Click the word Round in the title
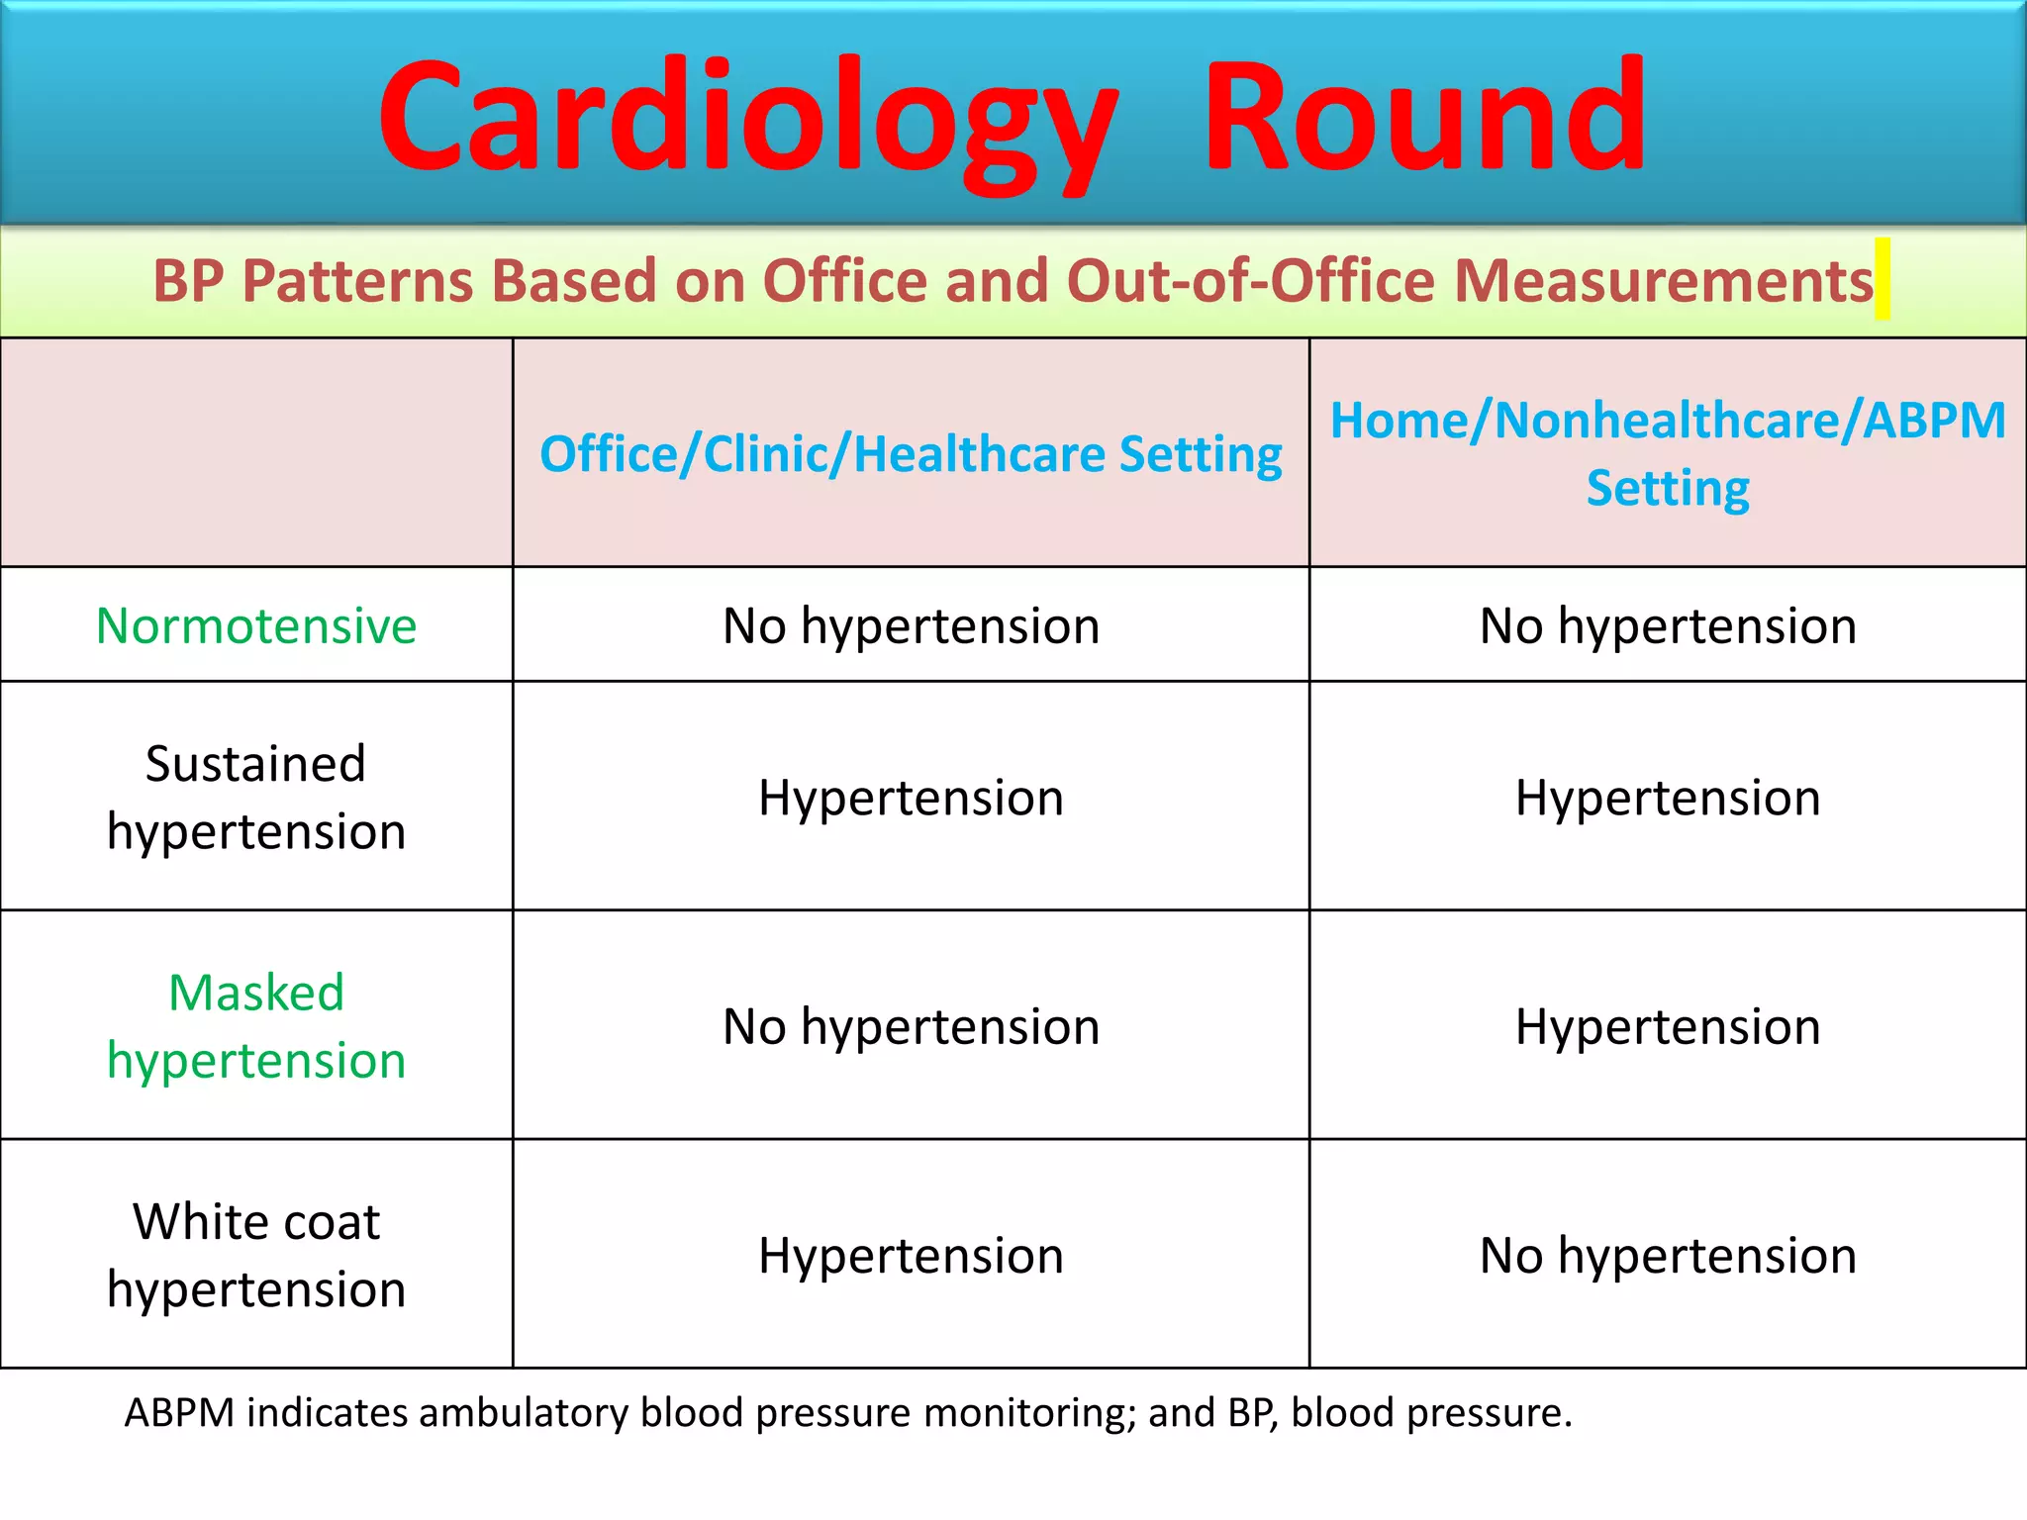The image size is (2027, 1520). pyautogui.click(x=1423, y=117)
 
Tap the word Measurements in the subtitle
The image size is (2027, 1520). pyautogui.click(x=1663, y=280)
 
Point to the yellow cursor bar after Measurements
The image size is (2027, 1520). pyautogui.click(x=1882, y=279)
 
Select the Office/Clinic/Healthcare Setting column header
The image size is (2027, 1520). pyautogui.click(x=911, y=454)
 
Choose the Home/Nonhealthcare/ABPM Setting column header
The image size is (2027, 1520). pyautogui.click(x=1668, y=453)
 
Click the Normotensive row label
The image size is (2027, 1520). pyautogui.click(x=256, y=625)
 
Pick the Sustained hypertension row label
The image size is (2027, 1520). pyautogui.click(x=256, y=797)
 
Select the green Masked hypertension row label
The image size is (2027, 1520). pyautogui.click(x=256, y=1026)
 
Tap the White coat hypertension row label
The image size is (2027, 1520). pyautogui.click(x=256, y=1255)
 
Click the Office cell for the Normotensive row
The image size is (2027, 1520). pyautogui.click(x=911, y=625)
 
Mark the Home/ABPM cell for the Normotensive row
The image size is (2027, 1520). pyautogui.click(x=1668, y=625)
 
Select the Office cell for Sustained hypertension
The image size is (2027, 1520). pyautogui.click(x=911, y=798)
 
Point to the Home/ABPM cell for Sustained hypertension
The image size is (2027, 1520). pyautogui.click(x=1668, y=798)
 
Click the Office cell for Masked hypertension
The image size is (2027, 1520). pyautogui.click(x=911, y=1026)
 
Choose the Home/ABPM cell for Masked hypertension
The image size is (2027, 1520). pyautogui.click(x=1668, y=1026)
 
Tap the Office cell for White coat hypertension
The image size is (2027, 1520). pyautogui.click(x=911, y=1255)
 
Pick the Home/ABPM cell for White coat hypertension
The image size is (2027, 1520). pyautogui.click(x=1668, y=1255)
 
